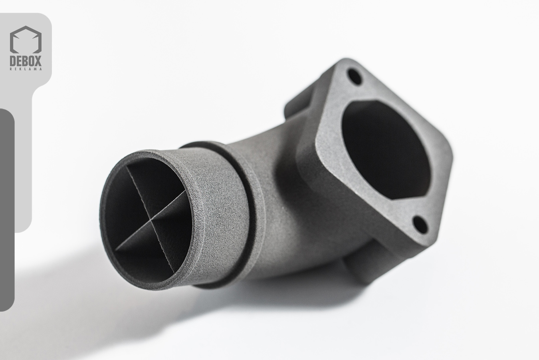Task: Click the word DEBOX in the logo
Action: pyautogui.click(x=26, y=61)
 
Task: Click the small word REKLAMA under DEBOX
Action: pyautogui.click(x=26, y=69)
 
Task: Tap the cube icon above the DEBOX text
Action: pyautogui.click(x=26, y=40)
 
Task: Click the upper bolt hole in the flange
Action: pyautogui.click(x=355, y=76)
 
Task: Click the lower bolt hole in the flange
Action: pyautogui.click(x=420, y=225)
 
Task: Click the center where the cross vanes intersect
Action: pyautogui.click(x=151, y=220)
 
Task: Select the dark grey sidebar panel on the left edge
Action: pyautogui.click(x=7, y=209)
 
